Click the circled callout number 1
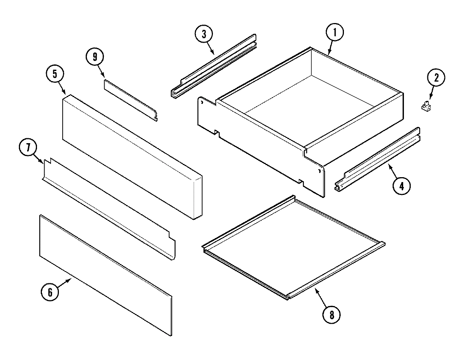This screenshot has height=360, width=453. [335, 32]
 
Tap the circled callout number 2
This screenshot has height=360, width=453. [436, 78]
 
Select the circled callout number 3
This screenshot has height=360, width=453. [204, 34]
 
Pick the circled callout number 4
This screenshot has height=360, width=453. [402, 185]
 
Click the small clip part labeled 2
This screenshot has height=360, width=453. [426, 106]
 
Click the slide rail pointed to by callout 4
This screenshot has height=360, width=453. [377, 160]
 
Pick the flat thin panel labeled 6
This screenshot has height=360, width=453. [106, 276]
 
